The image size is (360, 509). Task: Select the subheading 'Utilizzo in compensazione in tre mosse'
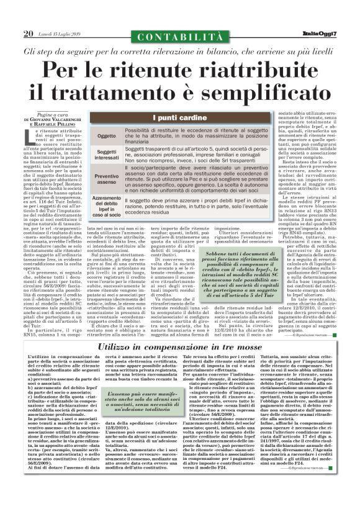tap(179, 351)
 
